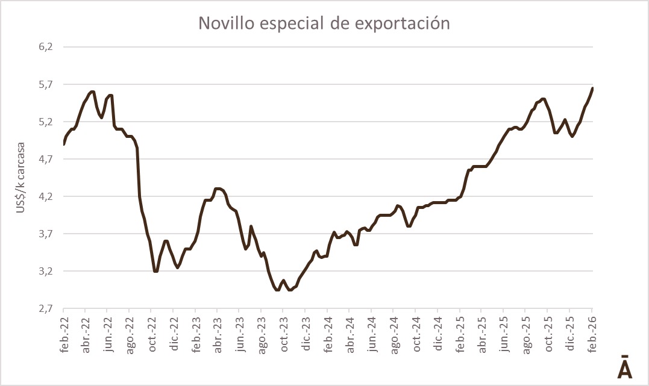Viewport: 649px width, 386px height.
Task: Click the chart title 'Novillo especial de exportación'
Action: pyautogui.click(x=324, y=23)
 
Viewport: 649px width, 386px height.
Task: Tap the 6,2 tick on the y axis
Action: pyautogui.click(x=46, y=47)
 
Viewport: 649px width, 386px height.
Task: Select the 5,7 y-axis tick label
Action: pyautogui.click(x=46, y=84)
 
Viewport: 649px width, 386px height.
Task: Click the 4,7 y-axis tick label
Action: pyautogui.click(x=46, y=159)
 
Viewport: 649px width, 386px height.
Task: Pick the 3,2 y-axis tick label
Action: pyautogui.click(x=46, y=271)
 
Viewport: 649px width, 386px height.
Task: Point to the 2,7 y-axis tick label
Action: pyautogui.click(x=46, y=308)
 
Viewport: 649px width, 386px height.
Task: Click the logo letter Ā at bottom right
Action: pyautogui.click(x=625, y=367)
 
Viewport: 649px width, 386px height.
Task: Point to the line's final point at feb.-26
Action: pyautogui.click(x=592, y=88)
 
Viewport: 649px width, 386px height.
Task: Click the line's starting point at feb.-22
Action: pyautogui.click(x=64, y=145)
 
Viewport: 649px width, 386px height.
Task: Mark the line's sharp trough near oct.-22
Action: pyautogui.click(x=155, y=272)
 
